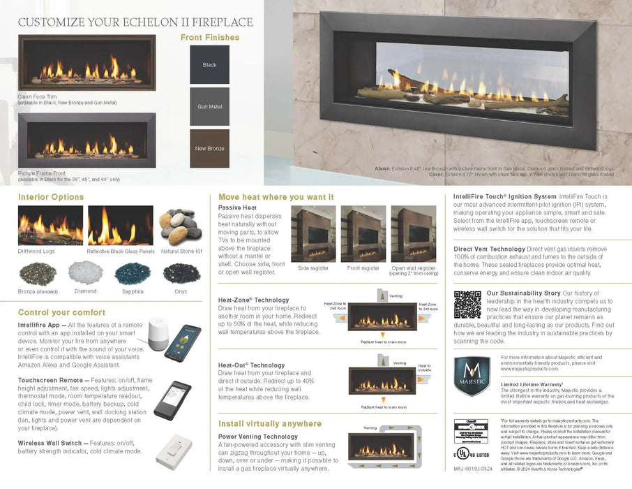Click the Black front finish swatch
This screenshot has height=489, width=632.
(x=209, y=65)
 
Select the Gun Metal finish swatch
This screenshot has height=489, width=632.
(x=209, y=107)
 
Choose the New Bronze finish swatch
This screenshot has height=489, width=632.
(x=209, y=149)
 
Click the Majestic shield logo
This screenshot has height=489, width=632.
(x=472, y=376)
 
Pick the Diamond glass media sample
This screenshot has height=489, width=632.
(x=86, y=272)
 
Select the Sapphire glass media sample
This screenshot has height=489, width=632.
(x=133, y=272)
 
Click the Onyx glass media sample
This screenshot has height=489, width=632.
(x=181, y=272)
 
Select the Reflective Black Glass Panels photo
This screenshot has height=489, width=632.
(x=120, y=226)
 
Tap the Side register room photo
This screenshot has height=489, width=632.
(x=313, y=233)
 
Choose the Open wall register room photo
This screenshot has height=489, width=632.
(x=413, y=233)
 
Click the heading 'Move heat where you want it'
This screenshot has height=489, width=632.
(x=276, y=197)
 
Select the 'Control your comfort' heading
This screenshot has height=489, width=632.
(x=61, y=312)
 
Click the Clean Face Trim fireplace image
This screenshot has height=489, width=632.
(x=87, y=62)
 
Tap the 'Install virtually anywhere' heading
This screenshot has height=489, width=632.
(x=270, y=423)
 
